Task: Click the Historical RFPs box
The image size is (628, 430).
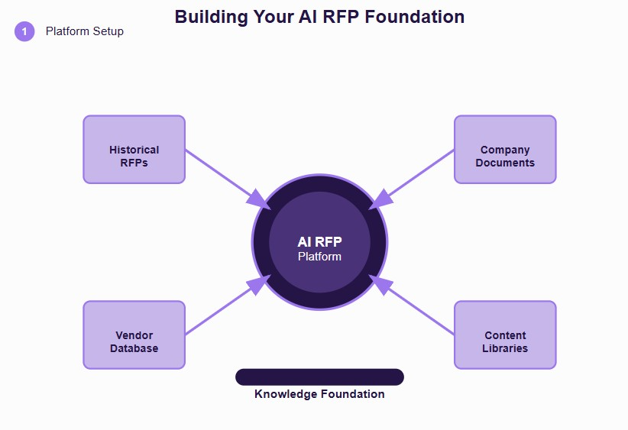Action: tap(134, 149)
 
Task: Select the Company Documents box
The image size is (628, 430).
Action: tap(505, 149)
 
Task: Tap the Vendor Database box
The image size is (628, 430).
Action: tap(134, 335)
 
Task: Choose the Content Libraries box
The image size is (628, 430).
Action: tap(505, 335)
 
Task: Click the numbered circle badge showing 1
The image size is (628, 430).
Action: tap(24, 31)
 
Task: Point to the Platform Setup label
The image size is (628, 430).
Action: tap(84, 31)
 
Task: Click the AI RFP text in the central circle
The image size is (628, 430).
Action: tap(319, 242)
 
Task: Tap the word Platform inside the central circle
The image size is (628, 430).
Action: tap(319, 257)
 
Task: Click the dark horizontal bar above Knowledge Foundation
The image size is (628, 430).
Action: tap(319, 377)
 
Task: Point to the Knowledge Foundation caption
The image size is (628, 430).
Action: tap(319, 394)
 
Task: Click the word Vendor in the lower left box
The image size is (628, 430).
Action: tap(134, 335)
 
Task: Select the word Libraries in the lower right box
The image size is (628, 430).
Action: tap(505, 348)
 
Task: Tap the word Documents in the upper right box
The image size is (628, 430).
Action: tap(505, 163)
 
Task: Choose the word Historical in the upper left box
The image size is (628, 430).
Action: tap(134, 150)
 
